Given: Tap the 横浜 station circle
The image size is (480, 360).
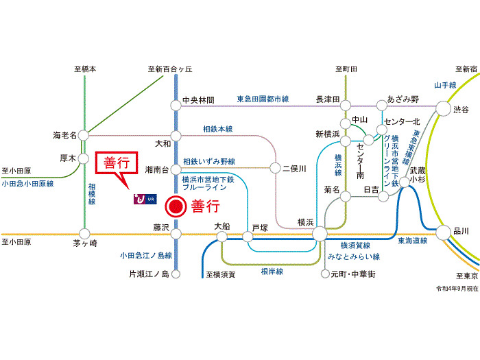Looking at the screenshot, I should [320, 235].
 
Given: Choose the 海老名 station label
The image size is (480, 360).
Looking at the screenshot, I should [66, 134].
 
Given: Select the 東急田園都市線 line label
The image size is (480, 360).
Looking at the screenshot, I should [263, 99].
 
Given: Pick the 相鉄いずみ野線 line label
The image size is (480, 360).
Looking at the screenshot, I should [209, 162].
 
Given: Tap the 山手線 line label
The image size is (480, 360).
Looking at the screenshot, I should [445, 85].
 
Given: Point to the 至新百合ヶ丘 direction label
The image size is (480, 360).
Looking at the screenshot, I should [171, 69].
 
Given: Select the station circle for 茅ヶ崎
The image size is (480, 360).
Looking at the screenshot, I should [84, 233].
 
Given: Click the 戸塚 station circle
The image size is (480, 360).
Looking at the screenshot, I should [248, 237].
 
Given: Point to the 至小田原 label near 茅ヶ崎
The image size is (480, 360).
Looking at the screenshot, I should [15, 243].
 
